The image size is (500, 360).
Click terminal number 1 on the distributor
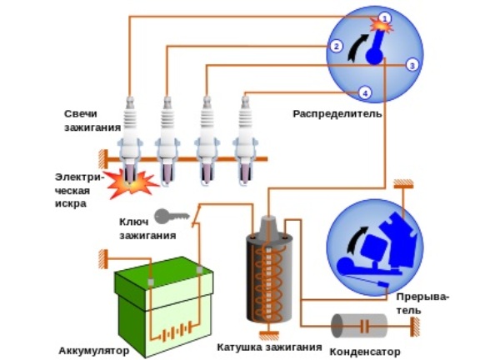[x=384, y=17]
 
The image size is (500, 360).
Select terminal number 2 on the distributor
[x=336, y=47]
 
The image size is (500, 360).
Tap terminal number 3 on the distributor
[x=412, y=64]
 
